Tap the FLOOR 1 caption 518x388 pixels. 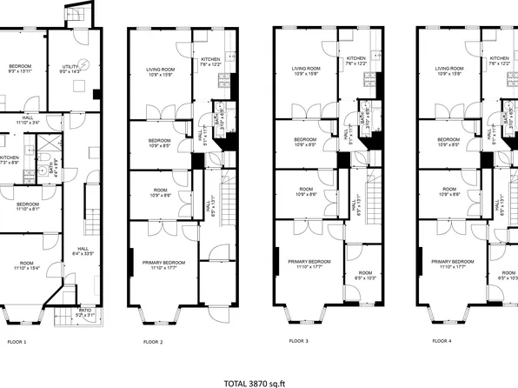(x=17, y=342)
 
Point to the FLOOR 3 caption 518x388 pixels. (x=298, y=342)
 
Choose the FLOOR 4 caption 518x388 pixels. (x=442, y=342)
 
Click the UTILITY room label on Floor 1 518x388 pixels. (x=70, y=69)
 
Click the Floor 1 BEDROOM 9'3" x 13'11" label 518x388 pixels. (x=20, y=69)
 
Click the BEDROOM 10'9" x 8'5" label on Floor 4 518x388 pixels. (x=448, y=142)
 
